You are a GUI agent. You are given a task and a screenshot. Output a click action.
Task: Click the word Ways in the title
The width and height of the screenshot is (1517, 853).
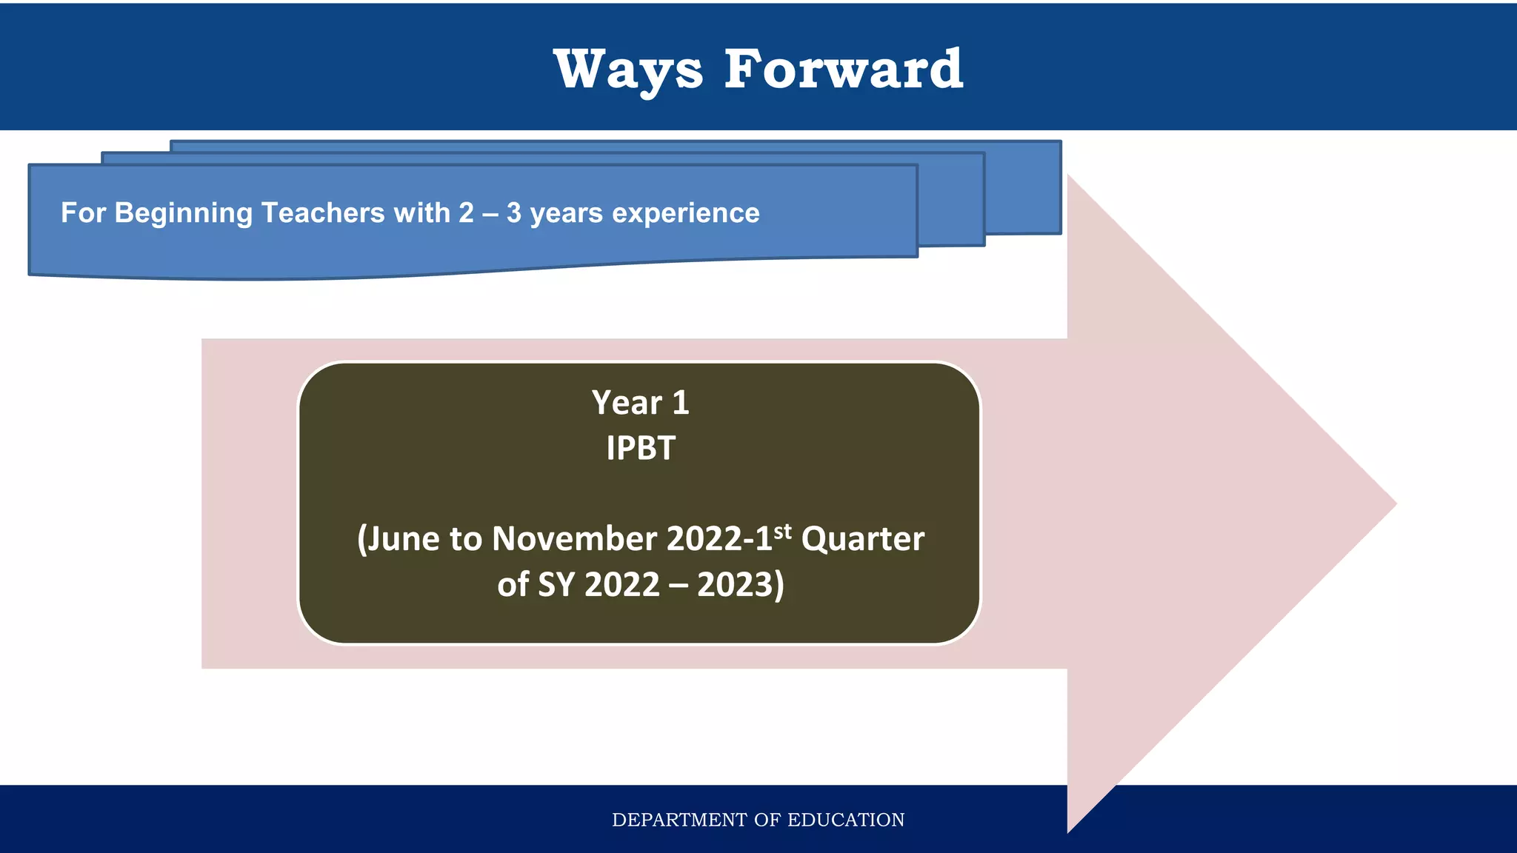tap(627, 70)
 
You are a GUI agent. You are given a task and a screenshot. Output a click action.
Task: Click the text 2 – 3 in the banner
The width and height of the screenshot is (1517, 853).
tap(490, 213)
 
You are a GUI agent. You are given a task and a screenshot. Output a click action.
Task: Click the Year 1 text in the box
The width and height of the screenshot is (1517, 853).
tap(640, 403)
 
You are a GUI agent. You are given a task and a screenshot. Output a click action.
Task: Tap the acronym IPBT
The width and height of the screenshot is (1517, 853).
tap(640, 448)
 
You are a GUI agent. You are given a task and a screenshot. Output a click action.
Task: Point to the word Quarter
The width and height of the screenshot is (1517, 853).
tap(862, 539)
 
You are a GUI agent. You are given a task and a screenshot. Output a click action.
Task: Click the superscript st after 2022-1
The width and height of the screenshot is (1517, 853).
tap(782, 531)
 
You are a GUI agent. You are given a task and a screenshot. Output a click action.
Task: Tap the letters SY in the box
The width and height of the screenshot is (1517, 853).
tap(556, 585)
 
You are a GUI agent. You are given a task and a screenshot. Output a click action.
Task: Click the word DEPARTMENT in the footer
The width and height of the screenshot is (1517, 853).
tap(679, 820)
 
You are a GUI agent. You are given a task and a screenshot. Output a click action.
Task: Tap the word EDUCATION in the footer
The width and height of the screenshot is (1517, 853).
tap(845, 820)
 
